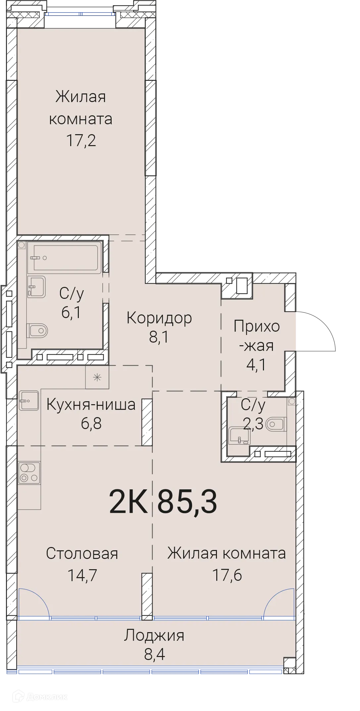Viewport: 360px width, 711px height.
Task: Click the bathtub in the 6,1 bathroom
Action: (64, 258)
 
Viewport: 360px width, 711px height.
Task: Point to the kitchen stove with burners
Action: (29, 472)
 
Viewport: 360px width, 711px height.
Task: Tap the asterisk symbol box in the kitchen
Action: (97, 377)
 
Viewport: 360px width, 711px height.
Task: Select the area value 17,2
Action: (81, 140)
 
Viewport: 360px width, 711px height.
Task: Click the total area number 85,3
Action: (187, 501)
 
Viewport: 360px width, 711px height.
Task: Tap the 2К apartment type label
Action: (128, 501)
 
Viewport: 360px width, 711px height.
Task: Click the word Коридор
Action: (159, 318)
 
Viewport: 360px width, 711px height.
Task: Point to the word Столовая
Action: (82, 553)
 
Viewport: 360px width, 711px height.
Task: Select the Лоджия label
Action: (154, 635)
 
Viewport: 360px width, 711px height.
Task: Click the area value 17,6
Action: (227, 575)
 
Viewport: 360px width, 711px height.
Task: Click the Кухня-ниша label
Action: (91, 405)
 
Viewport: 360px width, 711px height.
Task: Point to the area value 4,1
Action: (256, 364)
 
